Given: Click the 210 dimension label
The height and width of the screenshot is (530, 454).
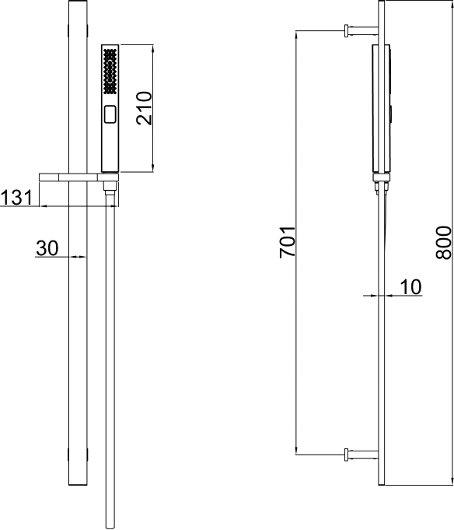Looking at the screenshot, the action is [144, 108].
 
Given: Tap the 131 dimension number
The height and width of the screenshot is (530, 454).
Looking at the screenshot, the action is [16, 198].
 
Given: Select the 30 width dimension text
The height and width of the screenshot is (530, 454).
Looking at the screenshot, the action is [47, 248].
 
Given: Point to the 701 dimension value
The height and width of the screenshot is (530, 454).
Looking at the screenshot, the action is [288, 242].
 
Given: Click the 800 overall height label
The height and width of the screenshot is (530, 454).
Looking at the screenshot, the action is [443, 243].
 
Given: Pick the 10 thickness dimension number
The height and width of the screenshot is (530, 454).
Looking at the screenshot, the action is [410, 287].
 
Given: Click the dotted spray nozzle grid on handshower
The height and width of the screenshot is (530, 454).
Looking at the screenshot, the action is [110, 71].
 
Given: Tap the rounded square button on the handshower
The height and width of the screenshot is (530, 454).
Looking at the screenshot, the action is [110, 114].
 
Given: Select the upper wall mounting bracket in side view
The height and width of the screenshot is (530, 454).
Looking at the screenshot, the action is [361, 30].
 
